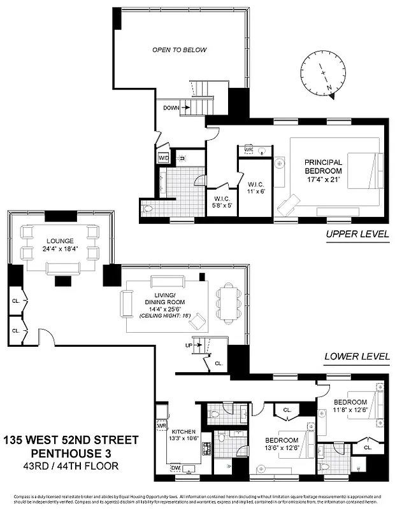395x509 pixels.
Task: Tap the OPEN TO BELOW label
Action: (x=179, y=50)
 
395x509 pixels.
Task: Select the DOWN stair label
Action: (x=171, y=108)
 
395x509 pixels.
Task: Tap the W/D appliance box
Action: (x=163, y=158)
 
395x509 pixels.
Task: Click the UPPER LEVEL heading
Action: (x=357, y=234)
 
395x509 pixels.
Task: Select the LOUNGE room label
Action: (x=59, y=245)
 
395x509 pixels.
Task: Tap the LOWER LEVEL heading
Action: (x=357, y=357)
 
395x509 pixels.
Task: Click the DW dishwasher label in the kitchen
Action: (x=175, y=468)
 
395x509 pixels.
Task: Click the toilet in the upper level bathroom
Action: (x=148, y=208)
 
